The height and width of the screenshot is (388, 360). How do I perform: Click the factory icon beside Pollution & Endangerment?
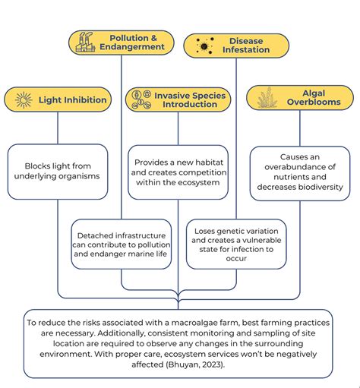(x=84, y=43)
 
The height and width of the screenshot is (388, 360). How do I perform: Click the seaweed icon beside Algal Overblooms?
(x=265, y=98)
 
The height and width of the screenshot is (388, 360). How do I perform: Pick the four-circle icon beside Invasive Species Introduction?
(x=141, y=100)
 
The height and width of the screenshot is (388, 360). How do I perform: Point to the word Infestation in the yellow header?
(x=245, y=51)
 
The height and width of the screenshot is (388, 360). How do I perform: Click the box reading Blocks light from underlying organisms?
(x=58, y=172)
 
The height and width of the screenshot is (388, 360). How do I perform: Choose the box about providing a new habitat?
(x=178, y=172)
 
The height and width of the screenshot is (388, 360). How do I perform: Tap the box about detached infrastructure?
(x=122, y=243)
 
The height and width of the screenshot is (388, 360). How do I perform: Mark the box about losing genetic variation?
(x=236, y=243)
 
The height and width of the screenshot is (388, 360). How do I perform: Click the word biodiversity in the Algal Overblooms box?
(x=317, y=188)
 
